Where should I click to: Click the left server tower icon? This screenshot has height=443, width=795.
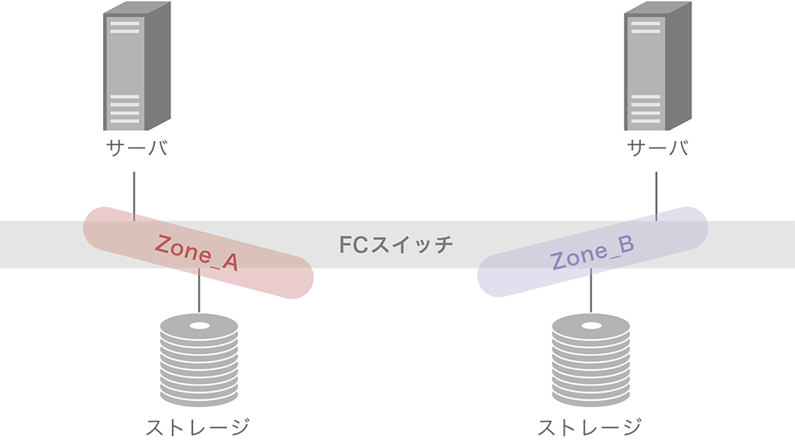click(137, 66)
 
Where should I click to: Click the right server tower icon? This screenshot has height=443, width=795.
click(658, 66)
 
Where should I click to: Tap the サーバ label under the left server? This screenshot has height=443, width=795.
click(137, 148)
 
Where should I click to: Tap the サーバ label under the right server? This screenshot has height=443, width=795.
click(658, 148)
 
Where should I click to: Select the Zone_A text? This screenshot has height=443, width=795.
click(196, 252)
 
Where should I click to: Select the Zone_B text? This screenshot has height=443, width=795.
click(592, 252)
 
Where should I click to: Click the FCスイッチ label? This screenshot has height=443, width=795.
click(396, 245)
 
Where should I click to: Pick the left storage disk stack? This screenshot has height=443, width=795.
click(200, 360)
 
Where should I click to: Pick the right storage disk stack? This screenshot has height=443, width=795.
click(591, 360)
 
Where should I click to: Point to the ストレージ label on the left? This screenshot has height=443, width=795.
click(198, 428)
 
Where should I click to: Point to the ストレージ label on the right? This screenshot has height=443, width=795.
click(590, 428)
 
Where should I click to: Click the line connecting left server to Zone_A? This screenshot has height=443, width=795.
click(134, 196)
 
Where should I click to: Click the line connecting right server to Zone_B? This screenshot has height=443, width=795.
click(656, 196)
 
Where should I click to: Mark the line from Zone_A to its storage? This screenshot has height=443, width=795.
click(199, 290)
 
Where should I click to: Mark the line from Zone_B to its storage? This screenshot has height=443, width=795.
click(591, 290)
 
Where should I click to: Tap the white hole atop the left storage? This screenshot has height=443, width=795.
click(200, 325)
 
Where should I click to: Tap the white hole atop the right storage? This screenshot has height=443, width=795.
click(591, 325)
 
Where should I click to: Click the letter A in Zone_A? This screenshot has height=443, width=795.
click(230, 262)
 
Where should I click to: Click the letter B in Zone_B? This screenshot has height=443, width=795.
click(626, 244)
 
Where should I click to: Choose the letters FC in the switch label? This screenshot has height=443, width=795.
click(354, 245)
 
